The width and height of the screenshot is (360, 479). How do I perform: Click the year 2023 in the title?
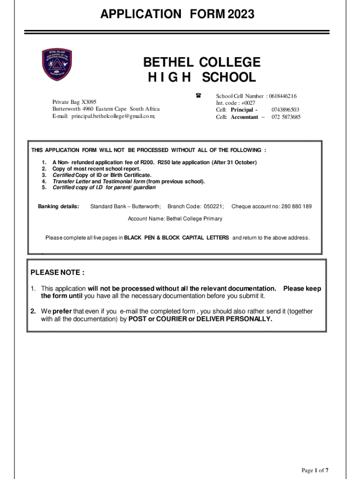241,15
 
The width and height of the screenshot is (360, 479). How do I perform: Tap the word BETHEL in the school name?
169,62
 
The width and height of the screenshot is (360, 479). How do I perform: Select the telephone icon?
198,95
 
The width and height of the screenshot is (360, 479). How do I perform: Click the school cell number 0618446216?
282,96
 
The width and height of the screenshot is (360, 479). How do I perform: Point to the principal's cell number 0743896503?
285,110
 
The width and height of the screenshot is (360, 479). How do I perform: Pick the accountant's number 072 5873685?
286,117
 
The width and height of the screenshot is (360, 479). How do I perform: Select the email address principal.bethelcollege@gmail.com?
112,116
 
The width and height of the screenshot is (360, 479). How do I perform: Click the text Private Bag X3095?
74,102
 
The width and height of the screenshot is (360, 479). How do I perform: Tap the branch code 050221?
214,206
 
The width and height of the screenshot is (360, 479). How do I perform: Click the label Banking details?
58,206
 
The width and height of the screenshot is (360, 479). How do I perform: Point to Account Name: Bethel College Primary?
175,218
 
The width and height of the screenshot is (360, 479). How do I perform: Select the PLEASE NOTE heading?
58,273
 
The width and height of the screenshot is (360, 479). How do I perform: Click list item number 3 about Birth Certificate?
101,175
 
